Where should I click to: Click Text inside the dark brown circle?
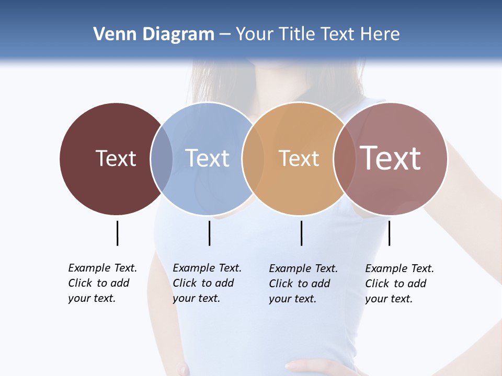pyautogui.click(x=116, y=158)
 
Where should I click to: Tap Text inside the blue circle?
pyautogui.click(x=207, y=158)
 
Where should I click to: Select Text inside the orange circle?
pyautogui.click(x=299, y=158)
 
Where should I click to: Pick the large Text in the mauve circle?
pyautogui.click(x=391, y=158)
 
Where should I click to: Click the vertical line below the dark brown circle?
pyautogui.click(x=117, y=233)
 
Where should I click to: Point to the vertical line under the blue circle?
pyautogui.click(x=209, y=233)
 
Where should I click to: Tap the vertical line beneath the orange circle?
pyautogui.click(x=301, y=233)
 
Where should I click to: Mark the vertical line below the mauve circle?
pyautogui.click(x=389, y=233)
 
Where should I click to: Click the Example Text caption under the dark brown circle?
pyautogui.click(x=102, y=283)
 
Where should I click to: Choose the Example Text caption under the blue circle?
pyautogui.click(x=207, y=283)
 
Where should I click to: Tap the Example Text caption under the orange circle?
pyautogui.click(x=303, y=284)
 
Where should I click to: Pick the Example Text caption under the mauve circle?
pyautogui.click(x=399, y=284)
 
